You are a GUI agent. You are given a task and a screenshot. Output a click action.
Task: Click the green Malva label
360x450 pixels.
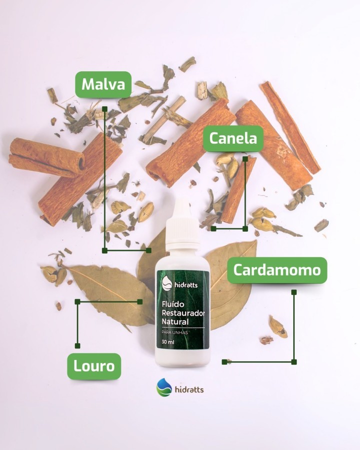[103, 84]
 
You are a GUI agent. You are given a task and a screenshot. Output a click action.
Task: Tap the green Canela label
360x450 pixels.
[233, 138]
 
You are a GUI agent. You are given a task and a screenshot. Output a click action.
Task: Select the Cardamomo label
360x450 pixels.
[277, 270]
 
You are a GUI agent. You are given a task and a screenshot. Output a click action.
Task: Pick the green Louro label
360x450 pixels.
[94, 366]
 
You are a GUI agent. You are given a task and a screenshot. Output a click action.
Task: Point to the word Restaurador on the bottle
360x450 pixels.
[183, 313]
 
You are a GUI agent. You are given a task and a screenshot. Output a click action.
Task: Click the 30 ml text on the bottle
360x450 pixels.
[168, 342]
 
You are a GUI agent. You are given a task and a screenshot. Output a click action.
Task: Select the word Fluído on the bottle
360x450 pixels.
[173, 304]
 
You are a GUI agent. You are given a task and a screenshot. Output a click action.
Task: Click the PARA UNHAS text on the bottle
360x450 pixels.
[175, 332]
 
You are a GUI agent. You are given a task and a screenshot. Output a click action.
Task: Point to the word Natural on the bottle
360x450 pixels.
[175, 321]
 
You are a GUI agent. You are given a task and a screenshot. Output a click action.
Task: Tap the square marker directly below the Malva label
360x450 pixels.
[105, 109]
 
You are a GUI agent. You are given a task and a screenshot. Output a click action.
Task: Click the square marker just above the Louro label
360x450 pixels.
[77, 346]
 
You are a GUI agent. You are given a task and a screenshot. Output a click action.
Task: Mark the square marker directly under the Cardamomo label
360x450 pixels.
[293, 292]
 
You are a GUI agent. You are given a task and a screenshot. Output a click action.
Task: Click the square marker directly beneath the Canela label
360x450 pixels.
[245, 158]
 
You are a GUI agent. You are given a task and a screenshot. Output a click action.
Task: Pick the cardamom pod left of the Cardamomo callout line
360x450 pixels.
[277, 326]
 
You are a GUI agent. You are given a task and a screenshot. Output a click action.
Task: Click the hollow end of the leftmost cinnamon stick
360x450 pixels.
[81, 162]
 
